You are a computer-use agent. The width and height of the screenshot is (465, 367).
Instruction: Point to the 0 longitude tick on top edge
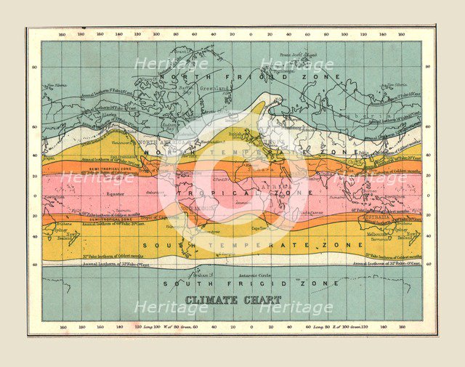(x=251, y=34)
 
